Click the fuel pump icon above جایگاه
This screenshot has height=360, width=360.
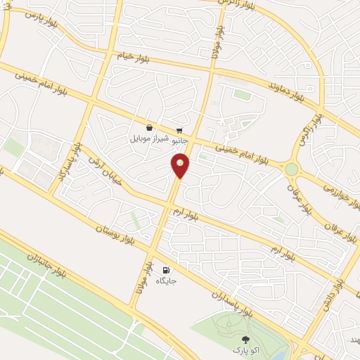pos(166,270)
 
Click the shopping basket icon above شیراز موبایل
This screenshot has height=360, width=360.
pos(150,127)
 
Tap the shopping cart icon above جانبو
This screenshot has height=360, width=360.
pos(180,130)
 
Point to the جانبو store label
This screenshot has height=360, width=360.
pos(180,141)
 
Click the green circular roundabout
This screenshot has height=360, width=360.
pos(291,169)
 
